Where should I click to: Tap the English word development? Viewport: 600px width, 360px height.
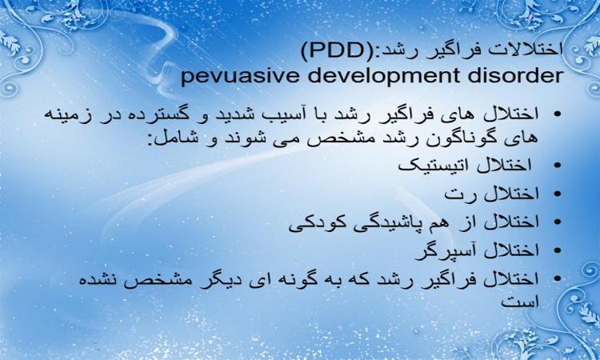[x=382, y=76]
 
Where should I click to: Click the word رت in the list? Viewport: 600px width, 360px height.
[x=456, y=194]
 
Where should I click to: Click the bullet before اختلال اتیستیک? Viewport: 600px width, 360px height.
[x=557, y=166]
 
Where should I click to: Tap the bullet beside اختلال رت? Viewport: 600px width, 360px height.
[x=557, y=194]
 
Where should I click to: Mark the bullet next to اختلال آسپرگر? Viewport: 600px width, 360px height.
[x=557, y=250]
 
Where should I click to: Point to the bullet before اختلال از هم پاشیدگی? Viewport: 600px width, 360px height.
[x=557, y=222]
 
